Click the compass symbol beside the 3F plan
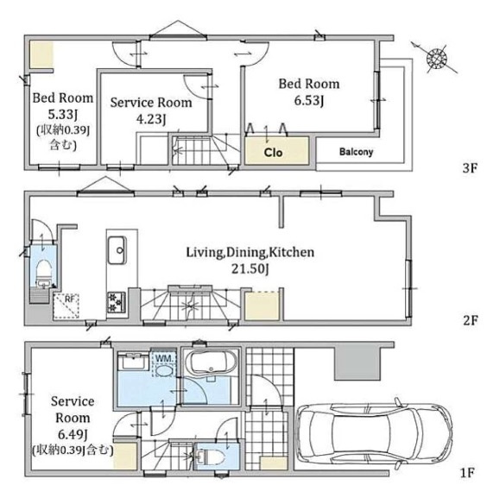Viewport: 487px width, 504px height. [x=436, y=59]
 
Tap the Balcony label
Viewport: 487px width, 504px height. [x=356, y=152]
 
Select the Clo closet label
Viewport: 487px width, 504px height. [x=273, y=153]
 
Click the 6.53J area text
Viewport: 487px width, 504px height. [x=308, y=101]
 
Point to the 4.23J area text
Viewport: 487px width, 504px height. [x=151, y=119]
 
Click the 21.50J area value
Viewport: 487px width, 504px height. [x=250, y=268]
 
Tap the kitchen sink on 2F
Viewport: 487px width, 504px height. [x=117, y=250]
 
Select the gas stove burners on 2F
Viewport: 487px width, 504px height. [x=116, y=302]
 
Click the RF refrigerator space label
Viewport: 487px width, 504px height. [x=69, y=299]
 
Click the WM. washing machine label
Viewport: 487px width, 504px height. [x=165, y=358]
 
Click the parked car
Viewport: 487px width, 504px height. [x=374, y=434]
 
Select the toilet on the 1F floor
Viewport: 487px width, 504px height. [x=211, y=457]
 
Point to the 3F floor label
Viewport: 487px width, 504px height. [x=470, y=167]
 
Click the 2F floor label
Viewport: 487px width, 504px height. [x=470, y=320]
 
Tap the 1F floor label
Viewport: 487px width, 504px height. [x=467, y=473]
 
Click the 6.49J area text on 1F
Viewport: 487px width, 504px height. [x=73, y=435]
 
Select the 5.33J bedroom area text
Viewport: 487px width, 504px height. [x=62, y=115]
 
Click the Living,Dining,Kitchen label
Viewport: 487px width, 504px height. [x=250, y=252]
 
